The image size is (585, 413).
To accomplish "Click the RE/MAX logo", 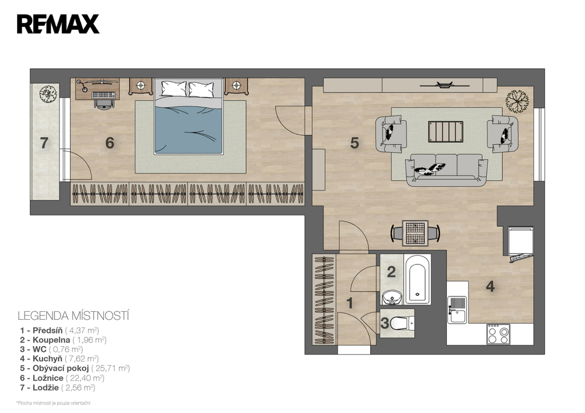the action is click(x=58, y=24).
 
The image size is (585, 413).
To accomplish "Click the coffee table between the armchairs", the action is click(x=446, y=131).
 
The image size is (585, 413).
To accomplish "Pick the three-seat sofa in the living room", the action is click(x=447, y=170).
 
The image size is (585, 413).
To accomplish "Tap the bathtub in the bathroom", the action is click(x=418, y=279).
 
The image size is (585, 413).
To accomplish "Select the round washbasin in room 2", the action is click(x=392, y=298).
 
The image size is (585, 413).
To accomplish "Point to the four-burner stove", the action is click(x=498, y=334).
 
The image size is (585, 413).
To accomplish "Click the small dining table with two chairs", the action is click(x=415, y=233).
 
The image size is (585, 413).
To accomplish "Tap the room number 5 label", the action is click(x=354, y=143).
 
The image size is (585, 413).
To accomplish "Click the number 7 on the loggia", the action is click(x=44, y=143).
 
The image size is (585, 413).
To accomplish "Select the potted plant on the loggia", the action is click(x=48, y=94).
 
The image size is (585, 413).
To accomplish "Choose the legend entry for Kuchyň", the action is click(x=59, y=359).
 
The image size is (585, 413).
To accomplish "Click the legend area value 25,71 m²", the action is click(x=111, y=368).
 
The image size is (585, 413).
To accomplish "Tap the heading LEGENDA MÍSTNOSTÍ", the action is click(x=74, y=316).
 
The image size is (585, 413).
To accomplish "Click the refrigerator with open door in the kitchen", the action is click(x=519, y=243).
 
